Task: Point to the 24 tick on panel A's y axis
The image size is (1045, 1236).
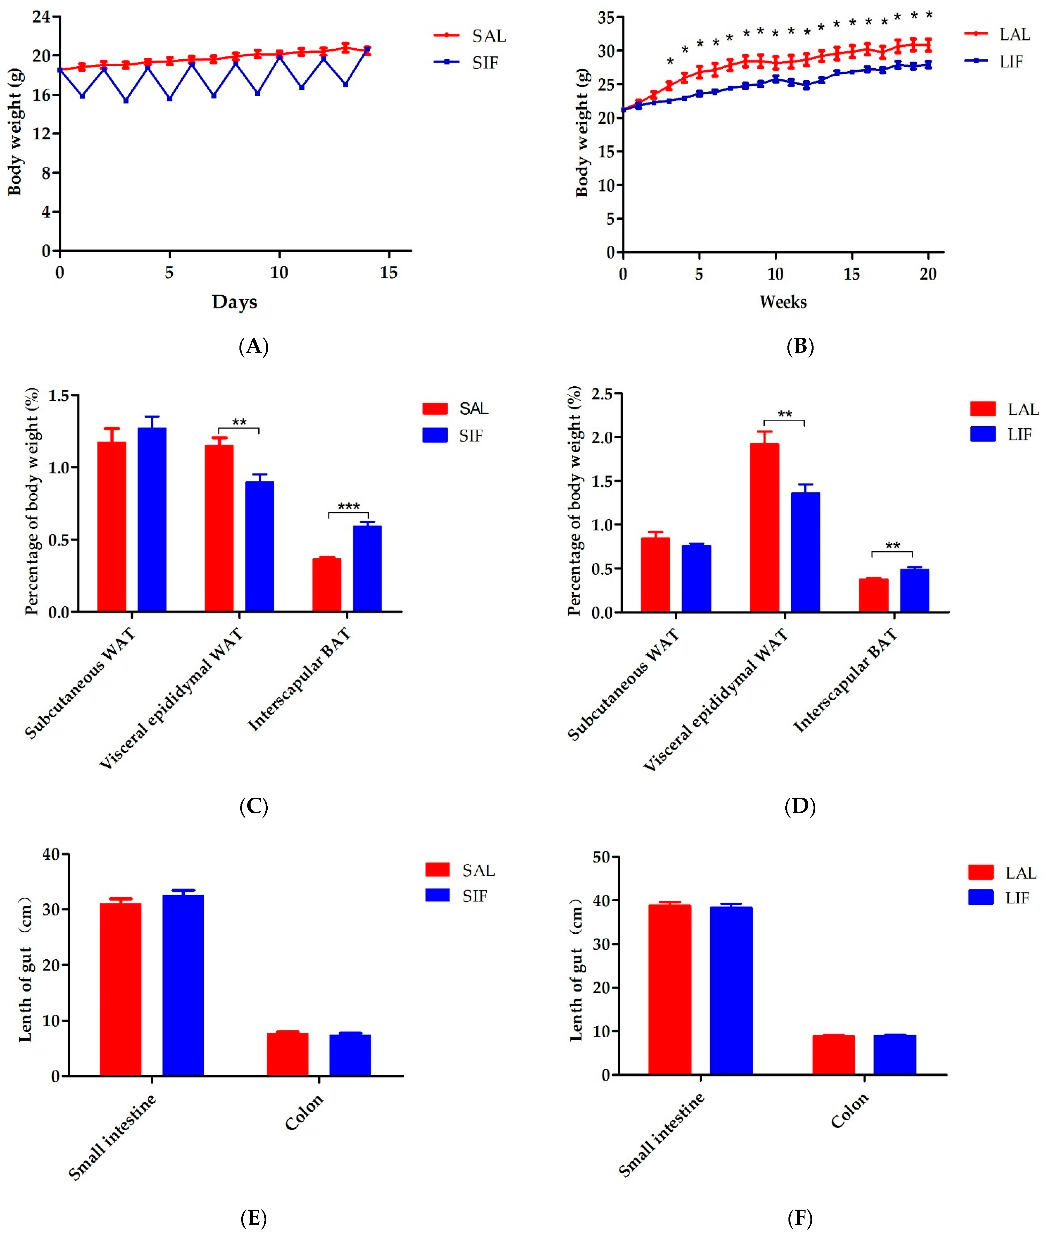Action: tap(41, 17)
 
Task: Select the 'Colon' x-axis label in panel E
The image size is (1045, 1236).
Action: tap(304, 1112)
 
